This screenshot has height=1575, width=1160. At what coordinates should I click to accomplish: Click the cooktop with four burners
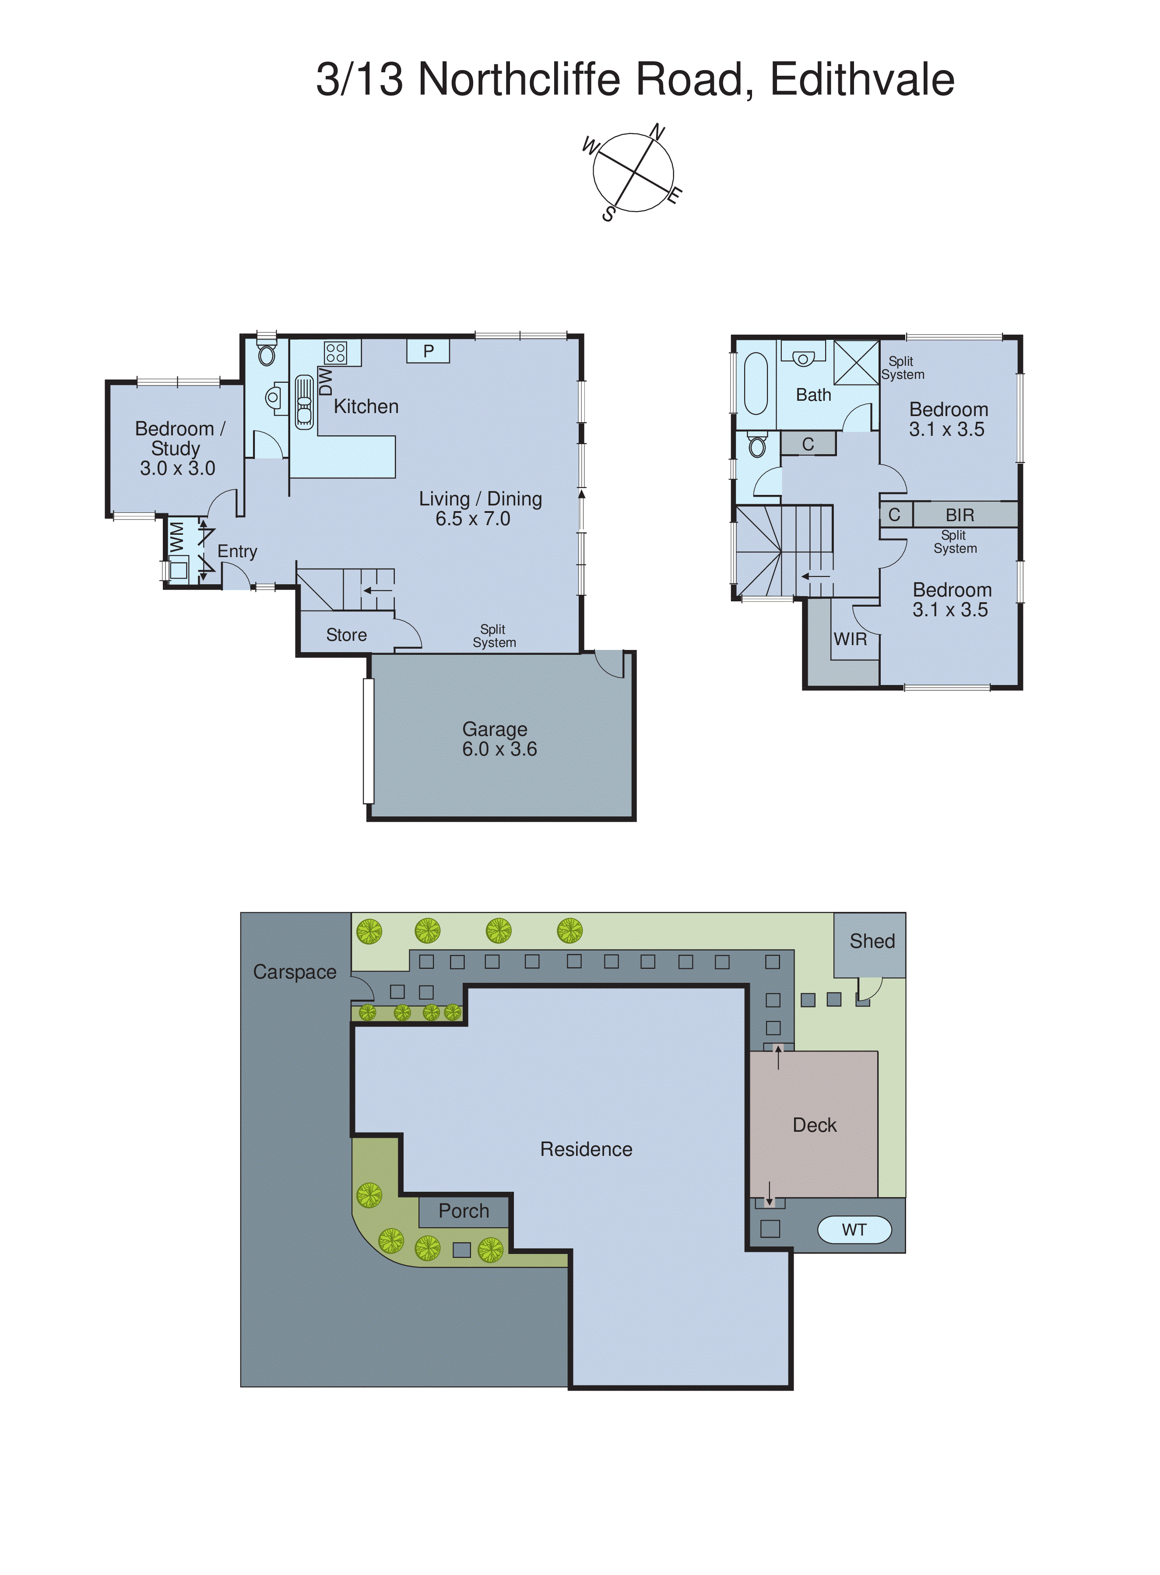coord(336,353)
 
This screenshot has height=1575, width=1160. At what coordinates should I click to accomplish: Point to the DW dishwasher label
coord(325,381)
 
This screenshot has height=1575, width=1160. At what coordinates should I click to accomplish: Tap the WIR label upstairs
coord(851,639)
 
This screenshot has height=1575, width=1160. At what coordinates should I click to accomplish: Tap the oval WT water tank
coord(854,1229)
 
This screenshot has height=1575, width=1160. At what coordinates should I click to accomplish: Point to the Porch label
coord(464,1211)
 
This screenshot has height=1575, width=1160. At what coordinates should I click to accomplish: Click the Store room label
coord(346,635)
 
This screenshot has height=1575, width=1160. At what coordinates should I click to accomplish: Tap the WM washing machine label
coord(177,537)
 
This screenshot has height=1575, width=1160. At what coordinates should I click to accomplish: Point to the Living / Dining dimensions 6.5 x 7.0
coord(473,519)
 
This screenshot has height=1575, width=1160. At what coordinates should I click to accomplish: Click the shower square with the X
coord(856,363)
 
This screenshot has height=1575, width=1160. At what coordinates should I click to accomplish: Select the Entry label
coord(237,551)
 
